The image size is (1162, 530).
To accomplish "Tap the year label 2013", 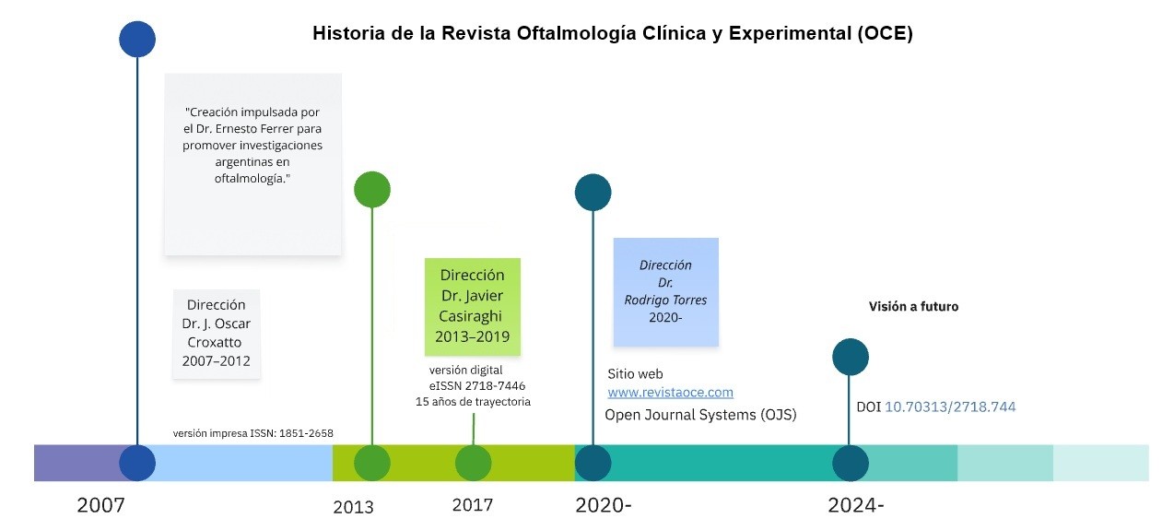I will pyautogui.click(x=353, y=507).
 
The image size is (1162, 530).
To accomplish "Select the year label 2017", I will pyautogui.click(x=472, y=505).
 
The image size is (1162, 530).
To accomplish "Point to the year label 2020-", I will pyautogui.click(x=604, y=505).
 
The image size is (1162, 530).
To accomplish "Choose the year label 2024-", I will pyautogui.click(x=855, y=505).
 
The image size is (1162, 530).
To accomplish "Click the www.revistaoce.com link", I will pyautogui.click(x=670, y=393).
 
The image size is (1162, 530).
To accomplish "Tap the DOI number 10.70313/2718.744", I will pyautogui.click(x=950, y=406).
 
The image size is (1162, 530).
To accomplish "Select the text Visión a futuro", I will pyautogui.click(x=913, y=307).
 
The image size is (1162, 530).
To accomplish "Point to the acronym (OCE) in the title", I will pyautogui.click(x=885, y=34).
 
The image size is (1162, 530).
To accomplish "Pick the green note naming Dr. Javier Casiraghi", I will pyautogui.click(x=472, y=306).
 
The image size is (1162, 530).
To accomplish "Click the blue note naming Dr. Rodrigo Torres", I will pyautogui.click(x=665, y=291).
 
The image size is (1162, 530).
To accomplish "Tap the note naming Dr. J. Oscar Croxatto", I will pyautogui.click(x=216, y=333).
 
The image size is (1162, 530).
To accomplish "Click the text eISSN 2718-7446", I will pyautogui.click(x=476, y=385).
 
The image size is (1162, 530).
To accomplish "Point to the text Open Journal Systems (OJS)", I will pyautogui.click(x=700, y=415).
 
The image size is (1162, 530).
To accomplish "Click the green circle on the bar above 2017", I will pyautogui.click(x=473, y=463).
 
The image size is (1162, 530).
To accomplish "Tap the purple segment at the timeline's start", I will pyautogui.click(x=78, y=463).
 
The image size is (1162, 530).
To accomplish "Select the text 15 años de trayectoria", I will pyautogui.click(x=473, y=401).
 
